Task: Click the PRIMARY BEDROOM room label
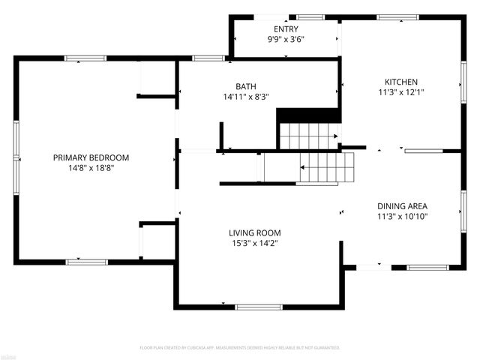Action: tap(91, 157)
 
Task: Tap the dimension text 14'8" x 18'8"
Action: tap(91, 168)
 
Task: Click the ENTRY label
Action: tap(286, 29)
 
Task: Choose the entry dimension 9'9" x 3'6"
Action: tap(286, 39)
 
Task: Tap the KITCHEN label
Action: tap(401, 82)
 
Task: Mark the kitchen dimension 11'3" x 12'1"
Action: tap(401, 93)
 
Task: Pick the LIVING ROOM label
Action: tap(254, 232)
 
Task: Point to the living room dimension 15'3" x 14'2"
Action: tap(254, 243)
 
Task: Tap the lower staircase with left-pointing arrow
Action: tap(324, 167)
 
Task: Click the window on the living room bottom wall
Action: tap(258, 306)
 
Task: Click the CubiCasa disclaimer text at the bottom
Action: tap(240, 348)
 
